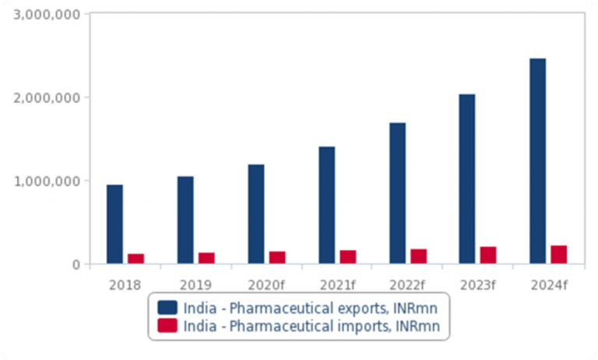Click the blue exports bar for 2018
[114, 224]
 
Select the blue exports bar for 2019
[185, 220]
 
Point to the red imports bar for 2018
[136, 259]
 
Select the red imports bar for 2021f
[347, 257]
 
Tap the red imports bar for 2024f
[558, 255]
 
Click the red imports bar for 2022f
[418, 256]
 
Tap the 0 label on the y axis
[76, 264]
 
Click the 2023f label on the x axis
[477, 284]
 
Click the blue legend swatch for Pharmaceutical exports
[167, 306]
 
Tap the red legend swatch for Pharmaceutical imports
[167, 326]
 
